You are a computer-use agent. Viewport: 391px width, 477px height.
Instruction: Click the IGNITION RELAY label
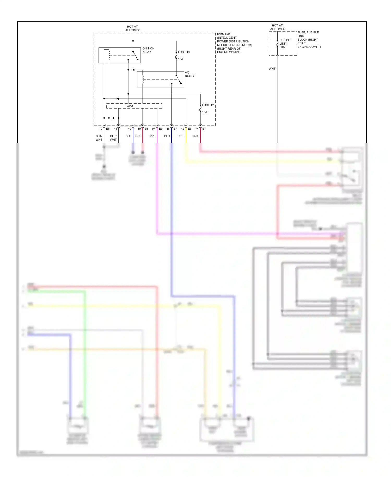[148, 50]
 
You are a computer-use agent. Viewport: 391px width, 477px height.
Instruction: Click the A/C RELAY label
[190, 74]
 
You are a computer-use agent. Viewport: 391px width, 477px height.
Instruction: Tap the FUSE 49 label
[184, 52]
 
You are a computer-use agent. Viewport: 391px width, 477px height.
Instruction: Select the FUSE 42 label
[208, 105]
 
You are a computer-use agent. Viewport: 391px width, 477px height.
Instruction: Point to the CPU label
[130, 106]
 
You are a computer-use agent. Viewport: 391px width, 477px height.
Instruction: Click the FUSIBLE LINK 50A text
[285, 44]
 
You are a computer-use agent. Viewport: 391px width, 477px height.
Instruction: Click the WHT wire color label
[272, 69]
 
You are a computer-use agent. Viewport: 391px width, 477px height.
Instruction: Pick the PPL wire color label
[152, 136]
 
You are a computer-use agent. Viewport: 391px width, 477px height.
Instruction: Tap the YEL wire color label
[181, 136]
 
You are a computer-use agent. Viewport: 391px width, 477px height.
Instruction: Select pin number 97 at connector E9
[154, 129]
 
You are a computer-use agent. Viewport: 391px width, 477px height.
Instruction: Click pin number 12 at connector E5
[101, 129]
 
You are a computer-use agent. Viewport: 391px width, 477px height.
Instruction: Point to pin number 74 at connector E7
[197, 129]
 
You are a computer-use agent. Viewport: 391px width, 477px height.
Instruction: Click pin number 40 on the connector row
[130, 129]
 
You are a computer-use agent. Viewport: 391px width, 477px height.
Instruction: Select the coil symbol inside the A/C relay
[143, 79]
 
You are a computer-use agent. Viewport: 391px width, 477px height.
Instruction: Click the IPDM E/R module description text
[234, 43]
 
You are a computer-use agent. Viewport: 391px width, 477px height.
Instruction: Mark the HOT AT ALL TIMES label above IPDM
[133, 28]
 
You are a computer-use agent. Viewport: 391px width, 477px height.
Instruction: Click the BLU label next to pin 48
[167, 136]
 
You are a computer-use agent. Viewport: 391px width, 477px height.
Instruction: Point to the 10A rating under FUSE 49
[181, 59]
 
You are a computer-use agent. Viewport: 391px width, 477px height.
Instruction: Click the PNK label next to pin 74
[195, 136]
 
